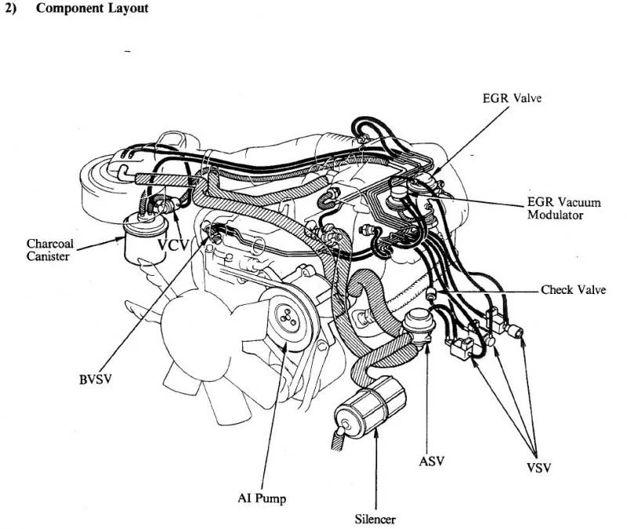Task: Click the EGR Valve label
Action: tap(512, 99)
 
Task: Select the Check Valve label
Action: tap(573, 290)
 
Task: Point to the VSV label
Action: tap(537, 468)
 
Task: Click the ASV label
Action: tap(431, 461)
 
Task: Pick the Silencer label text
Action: tap(375, 519)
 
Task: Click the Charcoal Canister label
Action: tap(50, 249)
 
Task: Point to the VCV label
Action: tap(173, 245)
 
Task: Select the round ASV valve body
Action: tap(422, 324)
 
